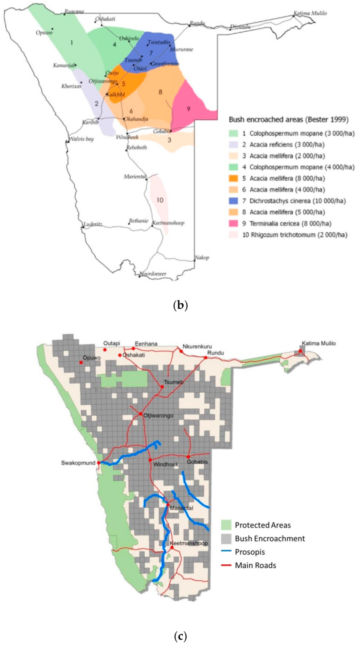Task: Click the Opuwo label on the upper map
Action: click(44, 33)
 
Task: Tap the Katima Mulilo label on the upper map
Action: click(310, 13)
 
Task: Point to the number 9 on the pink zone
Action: click(188, 109)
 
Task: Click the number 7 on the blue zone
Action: click(151, 53)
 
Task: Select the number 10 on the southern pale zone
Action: click(160, 200)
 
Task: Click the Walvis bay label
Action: click(81, 139)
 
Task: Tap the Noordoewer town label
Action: click(153, 274)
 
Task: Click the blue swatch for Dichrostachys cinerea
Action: click(233, 201)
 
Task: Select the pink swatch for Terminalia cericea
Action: click(233, 223)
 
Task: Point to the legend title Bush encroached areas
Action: click(289, 120)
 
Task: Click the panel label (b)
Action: click(180, 306)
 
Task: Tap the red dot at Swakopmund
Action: click(99, 463)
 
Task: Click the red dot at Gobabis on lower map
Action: click(188, 457)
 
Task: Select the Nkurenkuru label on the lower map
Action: click(197, 346)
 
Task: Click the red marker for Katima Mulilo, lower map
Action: click(301, 351)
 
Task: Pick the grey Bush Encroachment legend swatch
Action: click(227, 539)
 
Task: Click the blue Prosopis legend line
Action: click(227, 552)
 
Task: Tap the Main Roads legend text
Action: click(255, 565)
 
